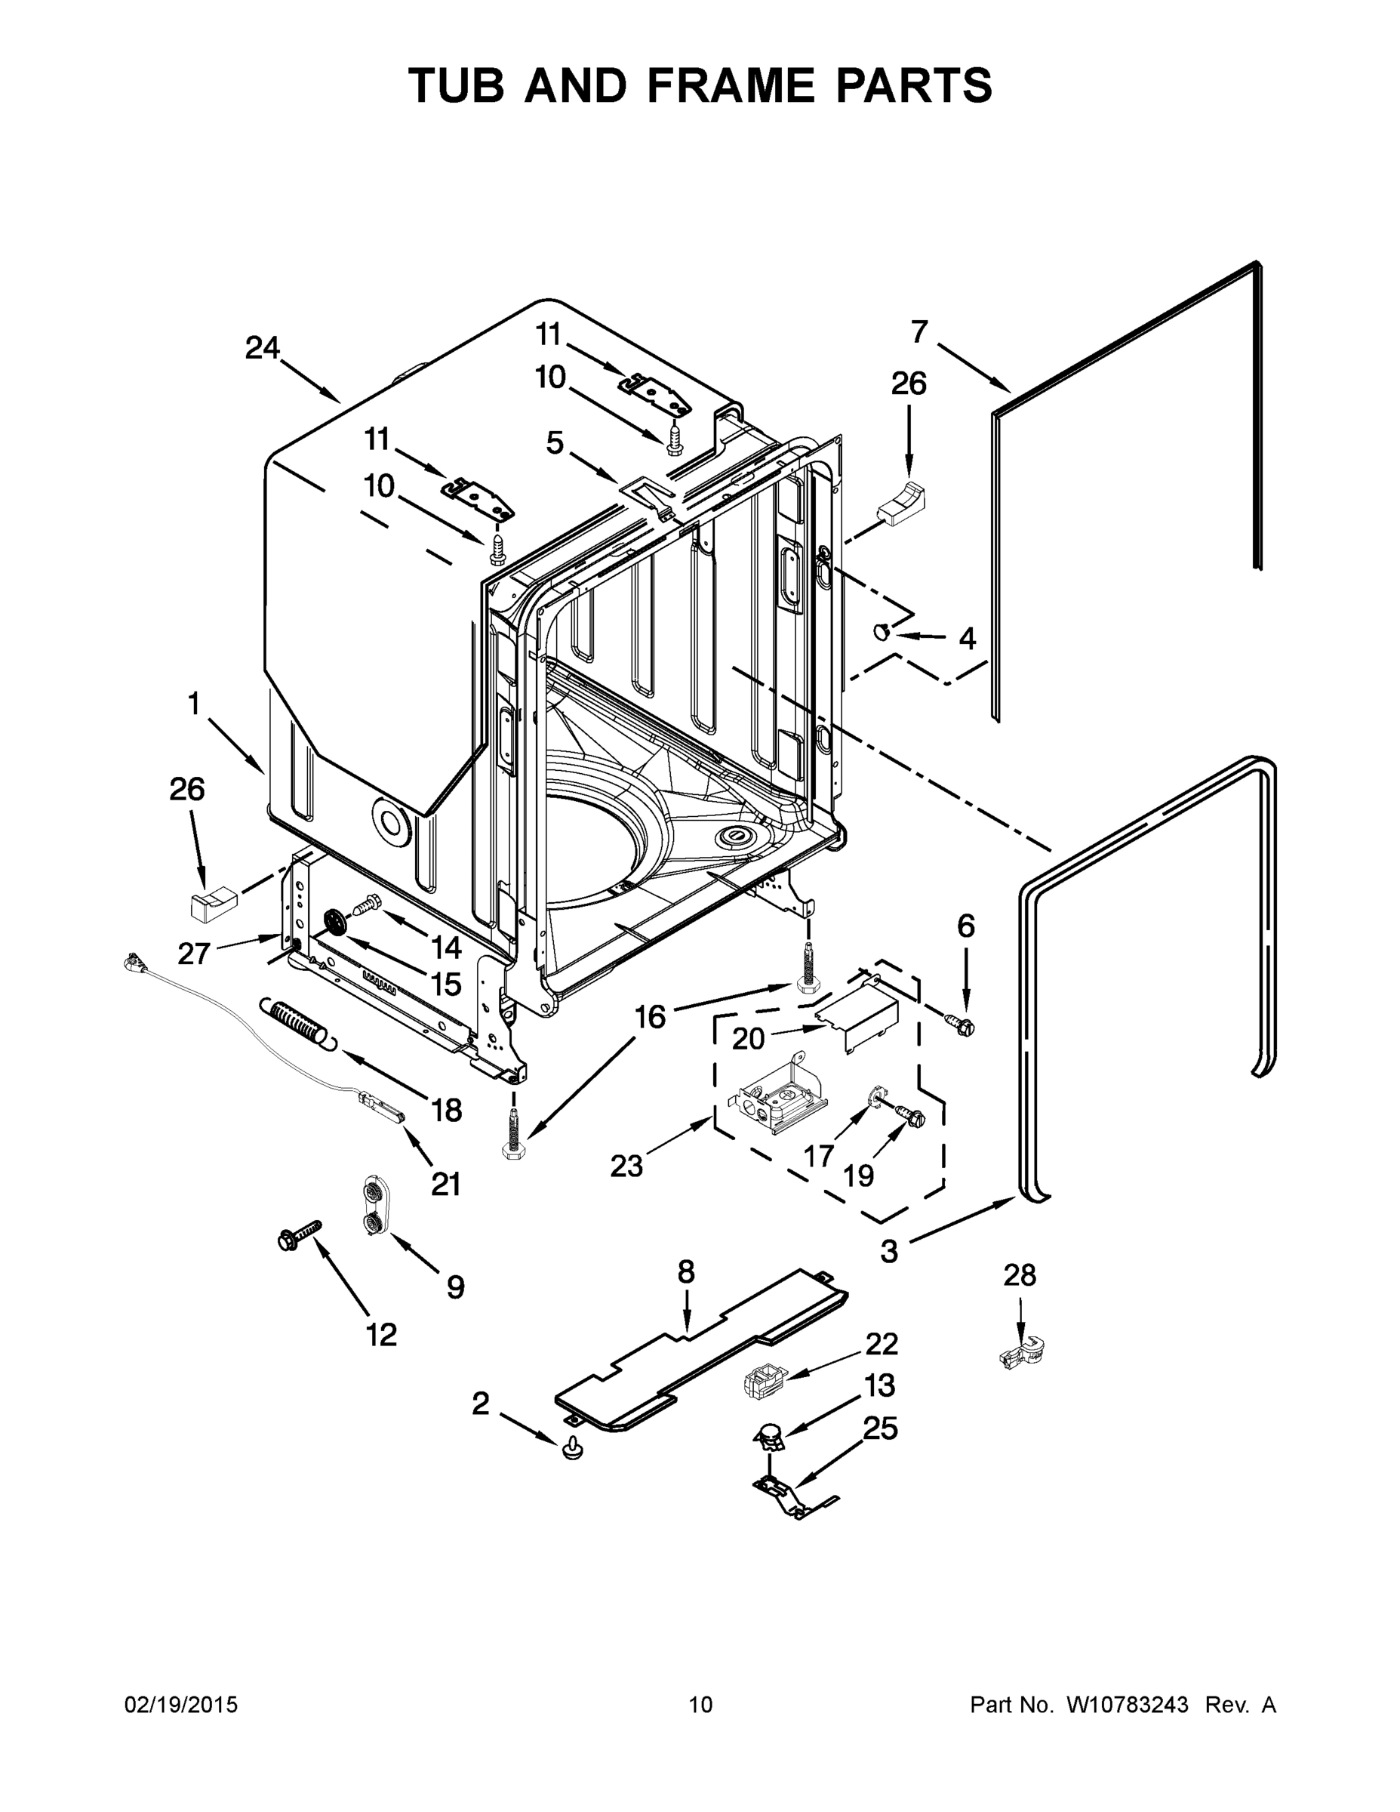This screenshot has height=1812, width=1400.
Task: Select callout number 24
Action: pos(262,347)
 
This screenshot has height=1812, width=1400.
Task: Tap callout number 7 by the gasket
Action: pos(918,332)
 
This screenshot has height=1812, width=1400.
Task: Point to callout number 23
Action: pos(626,1166)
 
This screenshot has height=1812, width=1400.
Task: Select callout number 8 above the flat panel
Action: pos(685,1271)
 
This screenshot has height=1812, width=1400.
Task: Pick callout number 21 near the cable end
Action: pos(445,1184)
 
